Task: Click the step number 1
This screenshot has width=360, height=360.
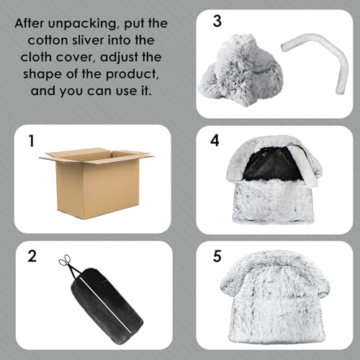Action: click(31, 141)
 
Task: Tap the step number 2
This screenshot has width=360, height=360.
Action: click(32, 256)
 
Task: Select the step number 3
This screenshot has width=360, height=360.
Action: click(217, 21)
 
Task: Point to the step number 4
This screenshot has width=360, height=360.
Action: click(215, 140)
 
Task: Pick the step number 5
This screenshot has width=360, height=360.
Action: click(217, 256)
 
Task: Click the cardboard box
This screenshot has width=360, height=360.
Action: click(96, 184)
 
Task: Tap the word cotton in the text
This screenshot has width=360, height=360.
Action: click(48, 40)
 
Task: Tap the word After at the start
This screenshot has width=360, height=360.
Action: click(30, 24)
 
